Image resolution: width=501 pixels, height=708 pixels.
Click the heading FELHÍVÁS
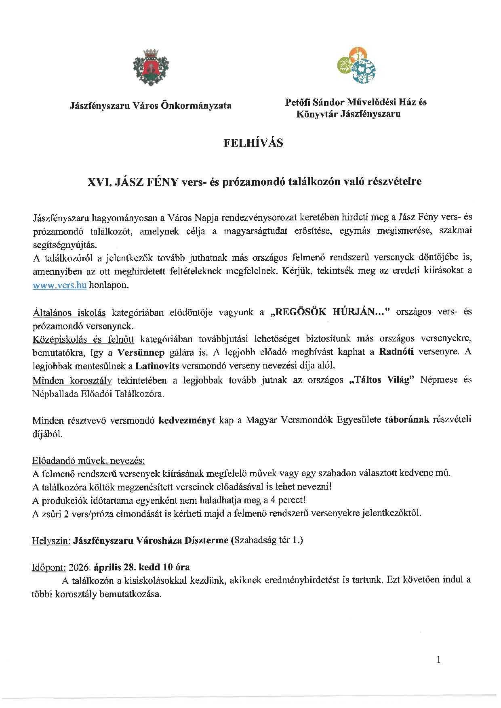253,143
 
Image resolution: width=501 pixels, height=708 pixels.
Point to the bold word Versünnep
141,352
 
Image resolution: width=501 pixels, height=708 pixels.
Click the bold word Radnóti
396,352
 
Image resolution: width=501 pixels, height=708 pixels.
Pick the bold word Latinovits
157,366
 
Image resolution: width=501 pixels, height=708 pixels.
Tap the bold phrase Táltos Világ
382,380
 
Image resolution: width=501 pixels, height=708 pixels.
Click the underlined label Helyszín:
51,540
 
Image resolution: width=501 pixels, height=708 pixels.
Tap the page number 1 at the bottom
439,659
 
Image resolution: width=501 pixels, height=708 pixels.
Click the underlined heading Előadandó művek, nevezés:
88,461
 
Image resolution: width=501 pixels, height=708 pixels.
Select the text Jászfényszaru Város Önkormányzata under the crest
151,106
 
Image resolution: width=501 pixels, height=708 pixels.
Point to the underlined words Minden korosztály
72,380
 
